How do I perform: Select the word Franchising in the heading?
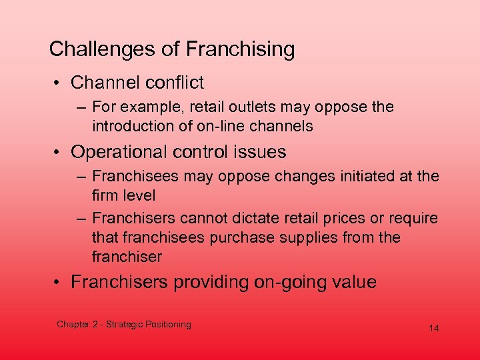click(x=240, y=49)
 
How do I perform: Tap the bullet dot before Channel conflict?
click(x=59, y=83)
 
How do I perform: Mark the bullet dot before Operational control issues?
click(x=59, y=153)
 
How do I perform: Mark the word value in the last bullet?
click(x=351, y=282)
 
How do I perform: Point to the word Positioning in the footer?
click(x=167, y=325)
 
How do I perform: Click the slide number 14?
click(x=434, y=329)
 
